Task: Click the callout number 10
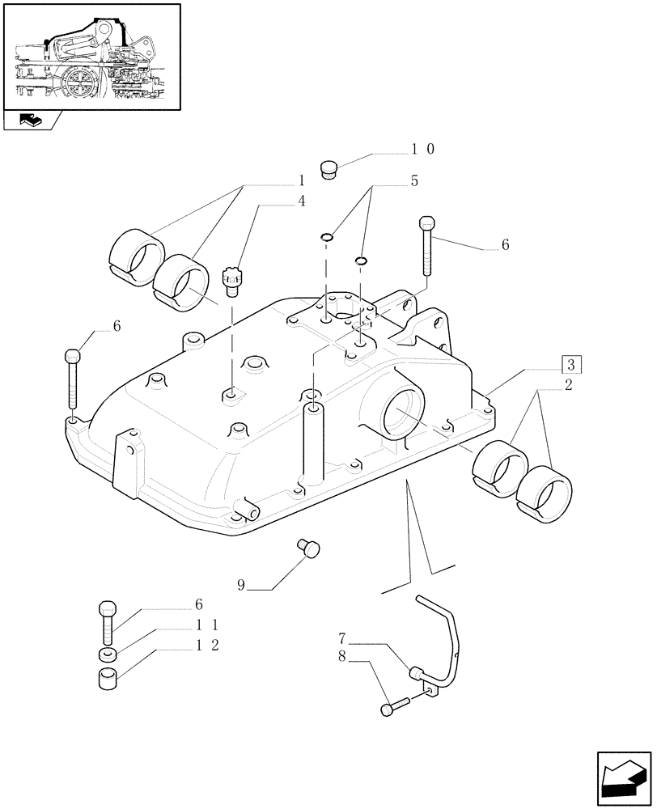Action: click(423, 150)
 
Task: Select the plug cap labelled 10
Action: click(329, 171)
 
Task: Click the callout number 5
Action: click(413, 181)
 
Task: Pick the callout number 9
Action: click(241, 585)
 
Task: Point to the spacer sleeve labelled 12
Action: click(108, 679)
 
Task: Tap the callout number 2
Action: click(569, 386)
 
